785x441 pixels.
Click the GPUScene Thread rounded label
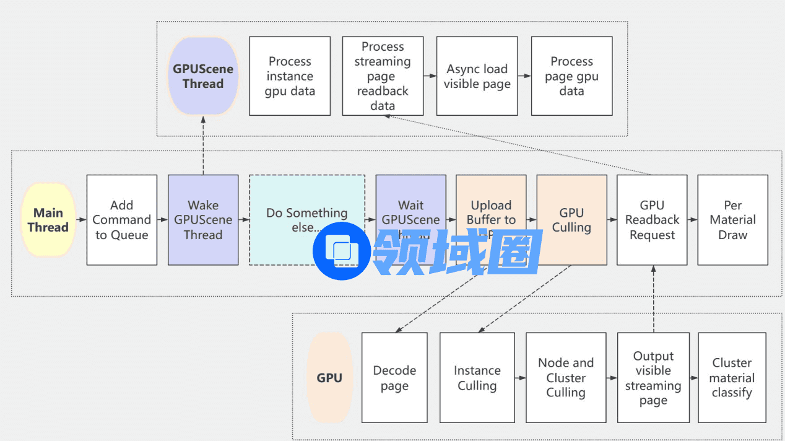pyautogui.click(x=202, y=76)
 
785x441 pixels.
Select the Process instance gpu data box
pyautogui.click(x=290, y=76)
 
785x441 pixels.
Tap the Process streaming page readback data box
pyautogui.click(x=383, y=76)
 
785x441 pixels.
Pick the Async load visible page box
pyautogui.click(x=477, y=76)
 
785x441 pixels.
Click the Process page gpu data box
pyautogui.click(x=571, y=76)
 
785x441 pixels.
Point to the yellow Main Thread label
pyautogui.click(x=48, y=220)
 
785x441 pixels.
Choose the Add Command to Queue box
pyautogui.click(x=122, y=220)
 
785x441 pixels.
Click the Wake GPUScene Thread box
pyautogui.click(x=203, y=220)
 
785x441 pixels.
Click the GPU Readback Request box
pyautogui.click(x=652, y=220)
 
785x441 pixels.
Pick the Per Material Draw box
pyautogui.click(x=732, y=220)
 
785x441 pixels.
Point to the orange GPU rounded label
pyautogui.click(x=329, y=378)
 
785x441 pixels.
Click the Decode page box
pyautogui.click(x=394, y=378)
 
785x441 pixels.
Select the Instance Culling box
pyautogui.click(x=477, y=378)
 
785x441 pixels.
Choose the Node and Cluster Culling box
pyautogui.click(x=565, y=378)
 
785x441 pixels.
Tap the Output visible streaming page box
pyautogui.click(x=653, y=378)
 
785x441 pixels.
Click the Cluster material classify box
pyautogui.click(x=732, y=378)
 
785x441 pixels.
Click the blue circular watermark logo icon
pyautogui.click(x=342, y=251)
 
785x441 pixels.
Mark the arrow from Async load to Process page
pyautogui.click(x=524, y=76)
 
